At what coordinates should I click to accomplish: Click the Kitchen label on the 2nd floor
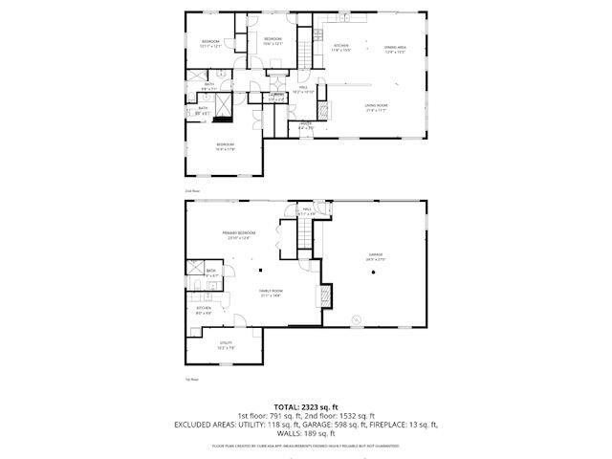(x=341, y=45)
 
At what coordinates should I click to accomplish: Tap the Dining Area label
(x=396, y=47)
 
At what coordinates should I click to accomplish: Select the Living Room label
(x=376, y=106)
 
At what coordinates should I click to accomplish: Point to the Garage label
(x=374, y=256)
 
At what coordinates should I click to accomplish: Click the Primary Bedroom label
(x=238, y=232)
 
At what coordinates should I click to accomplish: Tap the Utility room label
(x=226, y=346)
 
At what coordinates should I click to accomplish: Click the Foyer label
(x=306, y=125)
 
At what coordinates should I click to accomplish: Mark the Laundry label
(x=275, y=96)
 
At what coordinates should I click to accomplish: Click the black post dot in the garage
(x=374, y=273)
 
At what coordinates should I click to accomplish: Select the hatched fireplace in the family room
(x=325, y=297)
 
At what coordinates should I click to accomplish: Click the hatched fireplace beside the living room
(x=322, y=109)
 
